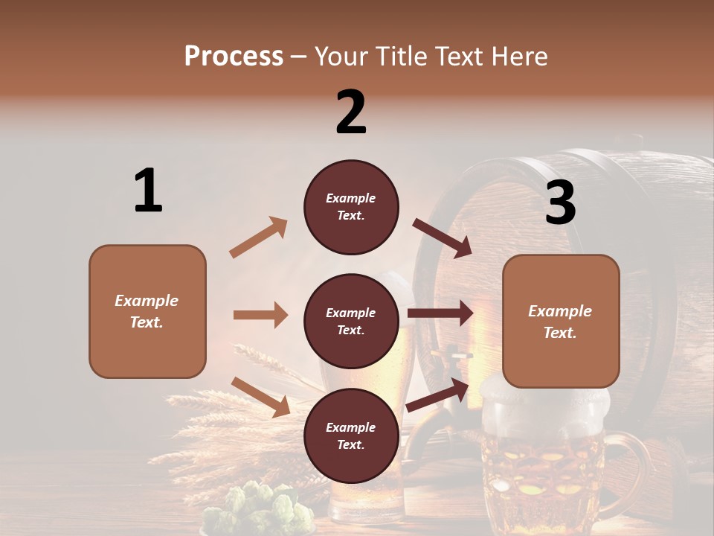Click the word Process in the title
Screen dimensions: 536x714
point(234,57)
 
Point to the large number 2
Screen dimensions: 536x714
point(351,112)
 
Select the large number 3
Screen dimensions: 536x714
point(560,203)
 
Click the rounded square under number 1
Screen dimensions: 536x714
point(147,311)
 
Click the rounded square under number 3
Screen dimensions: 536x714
point(561,321)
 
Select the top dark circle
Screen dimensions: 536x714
point(351,207)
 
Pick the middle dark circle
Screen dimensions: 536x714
point(351,321)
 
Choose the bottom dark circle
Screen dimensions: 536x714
point(351,435)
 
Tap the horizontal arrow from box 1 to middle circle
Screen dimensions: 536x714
point(260,315)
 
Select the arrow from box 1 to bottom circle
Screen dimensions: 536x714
point(260,396)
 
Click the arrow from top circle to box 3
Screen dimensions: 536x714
point(442,237)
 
